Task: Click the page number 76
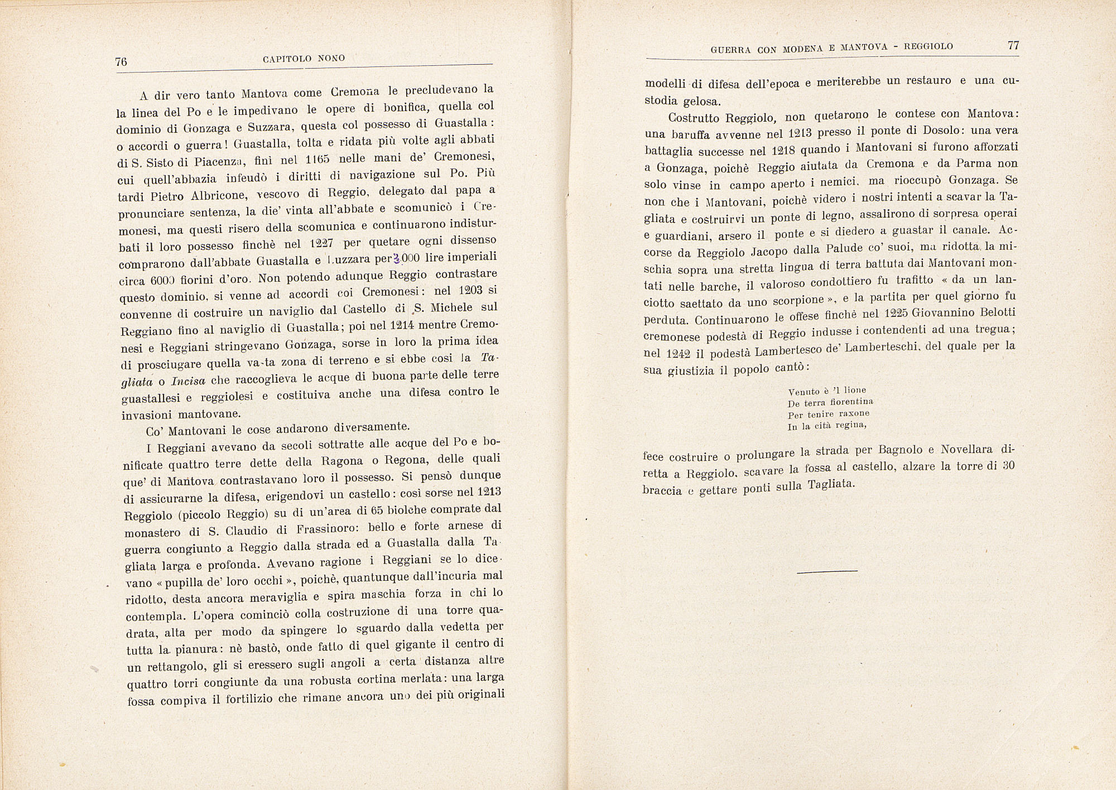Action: [121, 61]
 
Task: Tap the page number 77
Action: [1013, 46]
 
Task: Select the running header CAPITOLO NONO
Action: [304, 59]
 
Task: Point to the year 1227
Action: [323, 244]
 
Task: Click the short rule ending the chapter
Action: [827, 571]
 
